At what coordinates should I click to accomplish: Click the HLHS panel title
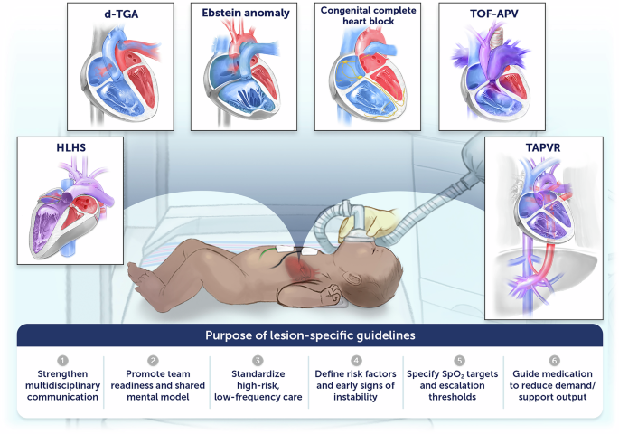63,146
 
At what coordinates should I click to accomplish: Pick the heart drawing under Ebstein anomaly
243,77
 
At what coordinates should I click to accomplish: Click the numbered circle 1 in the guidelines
63,361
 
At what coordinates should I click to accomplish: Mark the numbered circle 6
555,361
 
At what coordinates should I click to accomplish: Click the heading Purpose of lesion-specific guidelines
309,335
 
